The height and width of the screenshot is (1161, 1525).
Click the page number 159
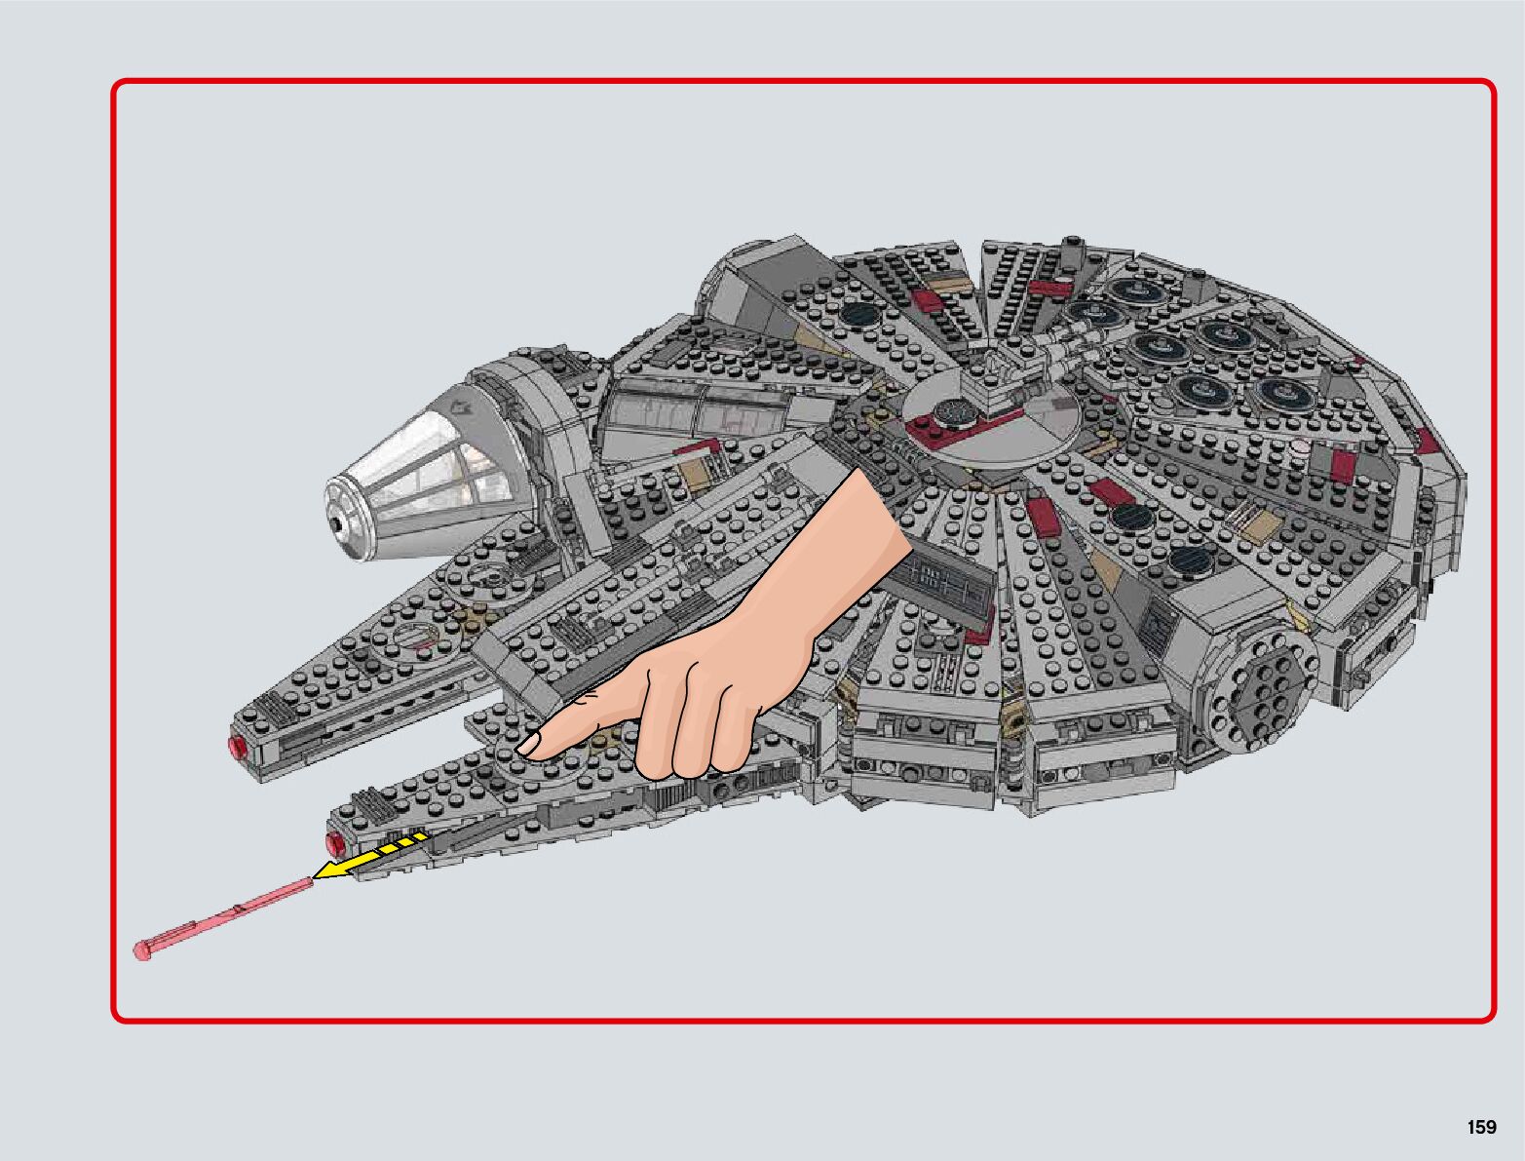point(1480,1127)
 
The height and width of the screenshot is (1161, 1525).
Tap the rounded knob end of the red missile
point(143,948)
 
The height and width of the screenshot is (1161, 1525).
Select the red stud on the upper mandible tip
point(236,748)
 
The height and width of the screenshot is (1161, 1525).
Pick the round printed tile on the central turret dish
point(950,411)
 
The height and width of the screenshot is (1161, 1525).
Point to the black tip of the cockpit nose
point(336,522)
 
